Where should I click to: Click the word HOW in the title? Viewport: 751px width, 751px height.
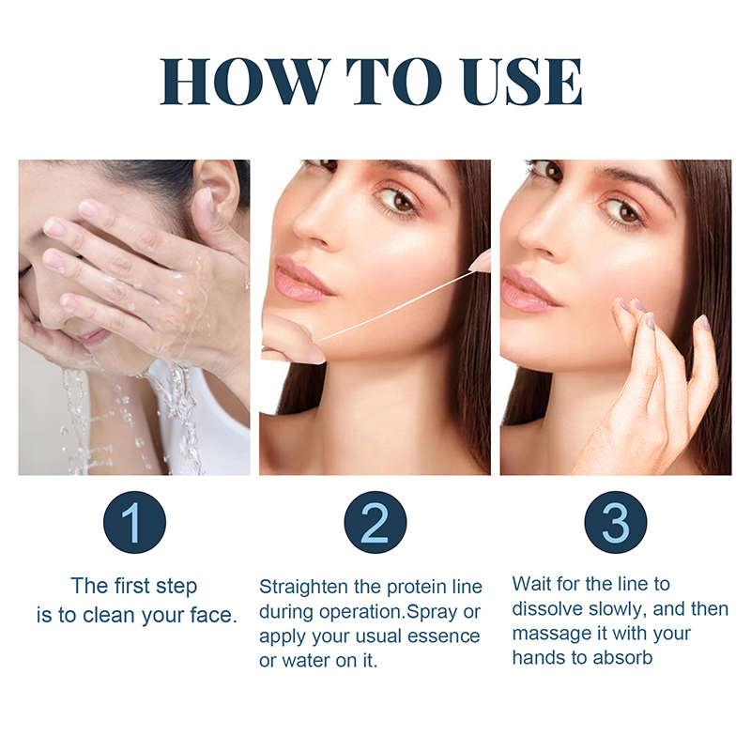pos(245,82)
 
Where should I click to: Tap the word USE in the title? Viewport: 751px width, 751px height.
pos(521,82)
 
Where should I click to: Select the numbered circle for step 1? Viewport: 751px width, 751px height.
pos(134,522)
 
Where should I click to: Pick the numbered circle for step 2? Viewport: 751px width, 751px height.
pos(375,522)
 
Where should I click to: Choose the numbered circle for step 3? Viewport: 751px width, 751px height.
pos(616,522)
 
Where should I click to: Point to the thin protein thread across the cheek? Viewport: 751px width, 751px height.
pos(392,308)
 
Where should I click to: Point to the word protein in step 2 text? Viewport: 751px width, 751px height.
pos(416,588)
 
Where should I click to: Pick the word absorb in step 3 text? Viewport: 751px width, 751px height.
pos(622,658)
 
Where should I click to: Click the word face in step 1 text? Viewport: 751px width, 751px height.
pos(211,616)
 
